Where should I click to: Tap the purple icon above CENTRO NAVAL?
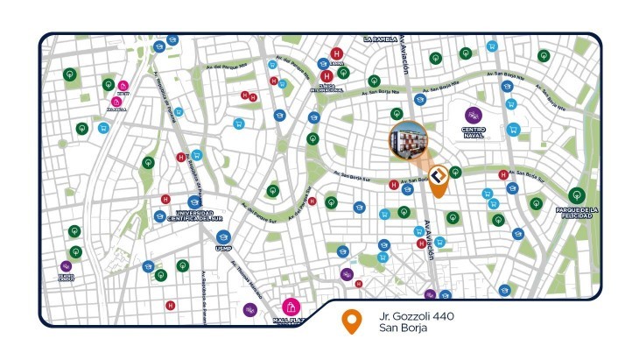(x=473, y=115)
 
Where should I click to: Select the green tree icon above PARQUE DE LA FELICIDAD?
(x=575, y=195)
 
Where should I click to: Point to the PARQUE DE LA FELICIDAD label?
(x=575, y=213)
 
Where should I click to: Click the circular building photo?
(x=409, y=141)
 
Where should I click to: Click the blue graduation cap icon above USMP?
(x=223, y=237)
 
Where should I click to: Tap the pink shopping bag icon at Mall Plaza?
(x=291, y=307)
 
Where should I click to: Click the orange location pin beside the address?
(x=352, y=322)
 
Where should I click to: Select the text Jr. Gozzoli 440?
(x=416, y=315)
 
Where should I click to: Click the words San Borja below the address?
(x=401, y=329)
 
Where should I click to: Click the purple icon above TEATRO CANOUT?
(x=66, y=266)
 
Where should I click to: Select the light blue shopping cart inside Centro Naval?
(x=513, y=130)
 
